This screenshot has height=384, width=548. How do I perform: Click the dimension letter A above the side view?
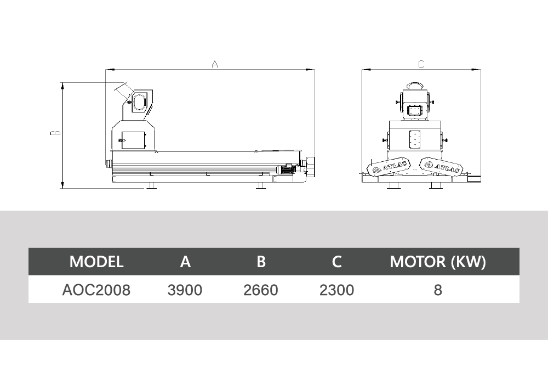pos(215,64)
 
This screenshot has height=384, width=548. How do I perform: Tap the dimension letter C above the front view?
pos(421,64)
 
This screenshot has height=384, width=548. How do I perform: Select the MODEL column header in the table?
pos(96,262)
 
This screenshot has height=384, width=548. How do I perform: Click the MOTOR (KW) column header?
pos(438,262)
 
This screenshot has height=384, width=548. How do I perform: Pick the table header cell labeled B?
pos(261,262)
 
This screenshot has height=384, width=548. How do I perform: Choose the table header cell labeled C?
pos(336,262)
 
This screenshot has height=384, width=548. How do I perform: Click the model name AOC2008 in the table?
pos(96,290)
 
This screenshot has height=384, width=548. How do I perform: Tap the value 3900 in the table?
pos(185,290)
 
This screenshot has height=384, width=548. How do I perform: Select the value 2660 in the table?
pos(261,290)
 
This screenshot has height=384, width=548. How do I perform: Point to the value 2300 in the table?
pos(336,290)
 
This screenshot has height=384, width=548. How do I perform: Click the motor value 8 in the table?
pos(438,290)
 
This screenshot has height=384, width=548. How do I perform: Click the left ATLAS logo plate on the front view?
pos(389,167)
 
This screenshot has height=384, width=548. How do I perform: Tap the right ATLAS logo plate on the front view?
pos(441,166)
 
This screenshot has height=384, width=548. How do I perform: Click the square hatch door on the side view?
pos(133,141)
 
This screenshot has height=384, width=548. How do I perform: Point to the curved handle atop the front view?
pos(414,86)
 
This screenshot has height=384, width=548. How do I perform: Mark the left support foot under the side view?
pos(151,186)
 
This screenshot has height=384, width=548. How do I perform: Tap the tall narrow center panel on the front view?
pos(414,139)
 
